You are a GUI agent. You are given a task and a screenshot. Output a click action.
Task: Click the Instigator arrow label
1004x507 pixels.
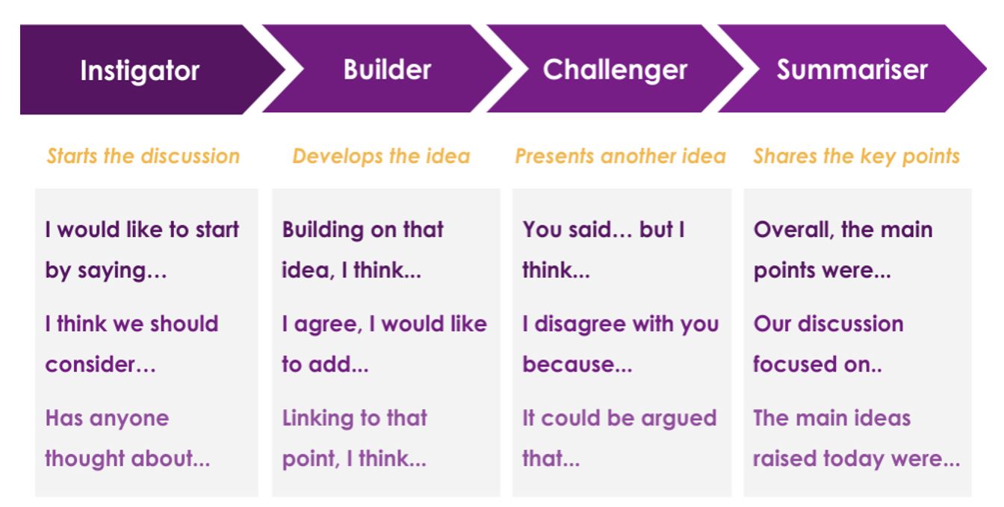click(x=140, y=71)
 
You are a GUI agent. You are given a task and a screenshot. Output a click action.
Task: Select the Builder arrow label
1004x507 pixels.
click(x=387, y=70)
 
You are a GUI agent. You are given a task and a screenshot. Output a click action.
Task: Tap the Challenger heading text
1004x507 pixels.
click(x=615, y=70)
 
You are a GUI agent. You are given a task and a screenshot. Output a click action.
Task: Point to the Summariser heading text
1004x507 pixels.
click(x=852, y=70)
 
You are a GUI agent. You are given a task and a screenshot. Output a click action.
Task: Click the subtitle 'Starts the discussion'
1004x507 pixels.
click(x=143, y=156)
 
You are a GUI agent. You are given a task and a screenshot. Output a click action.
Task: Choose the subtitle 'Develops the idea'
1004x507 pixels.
click(x=382, y=156)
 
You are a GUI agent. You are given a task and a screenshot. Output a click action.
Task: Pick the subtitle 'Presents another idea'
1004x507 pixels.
click(x=620, y=156)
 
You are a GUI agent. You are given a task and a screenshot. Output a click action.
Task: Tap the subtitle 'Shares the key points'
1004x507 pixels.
click(x=857, y=156)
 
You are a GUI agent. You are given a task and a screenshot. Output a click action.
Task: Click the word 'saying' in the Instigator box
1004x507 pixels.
click(x=112, y=271)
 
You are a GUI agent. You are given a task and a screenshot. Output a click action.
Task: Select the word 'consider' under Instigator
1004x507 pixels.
click(x=90, y=364)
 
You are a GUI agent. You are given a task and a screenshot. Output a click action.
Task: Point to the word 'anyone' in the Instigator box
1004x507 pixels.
click(x=129, y=419)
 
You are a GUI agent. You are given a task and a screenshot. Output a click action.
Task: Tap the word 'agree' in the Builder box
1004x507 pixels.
click(x=328, y=325)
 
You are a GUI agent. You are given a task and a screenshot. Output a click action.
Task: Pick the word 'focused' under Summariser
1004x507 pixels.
click(x=795, y=364)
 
